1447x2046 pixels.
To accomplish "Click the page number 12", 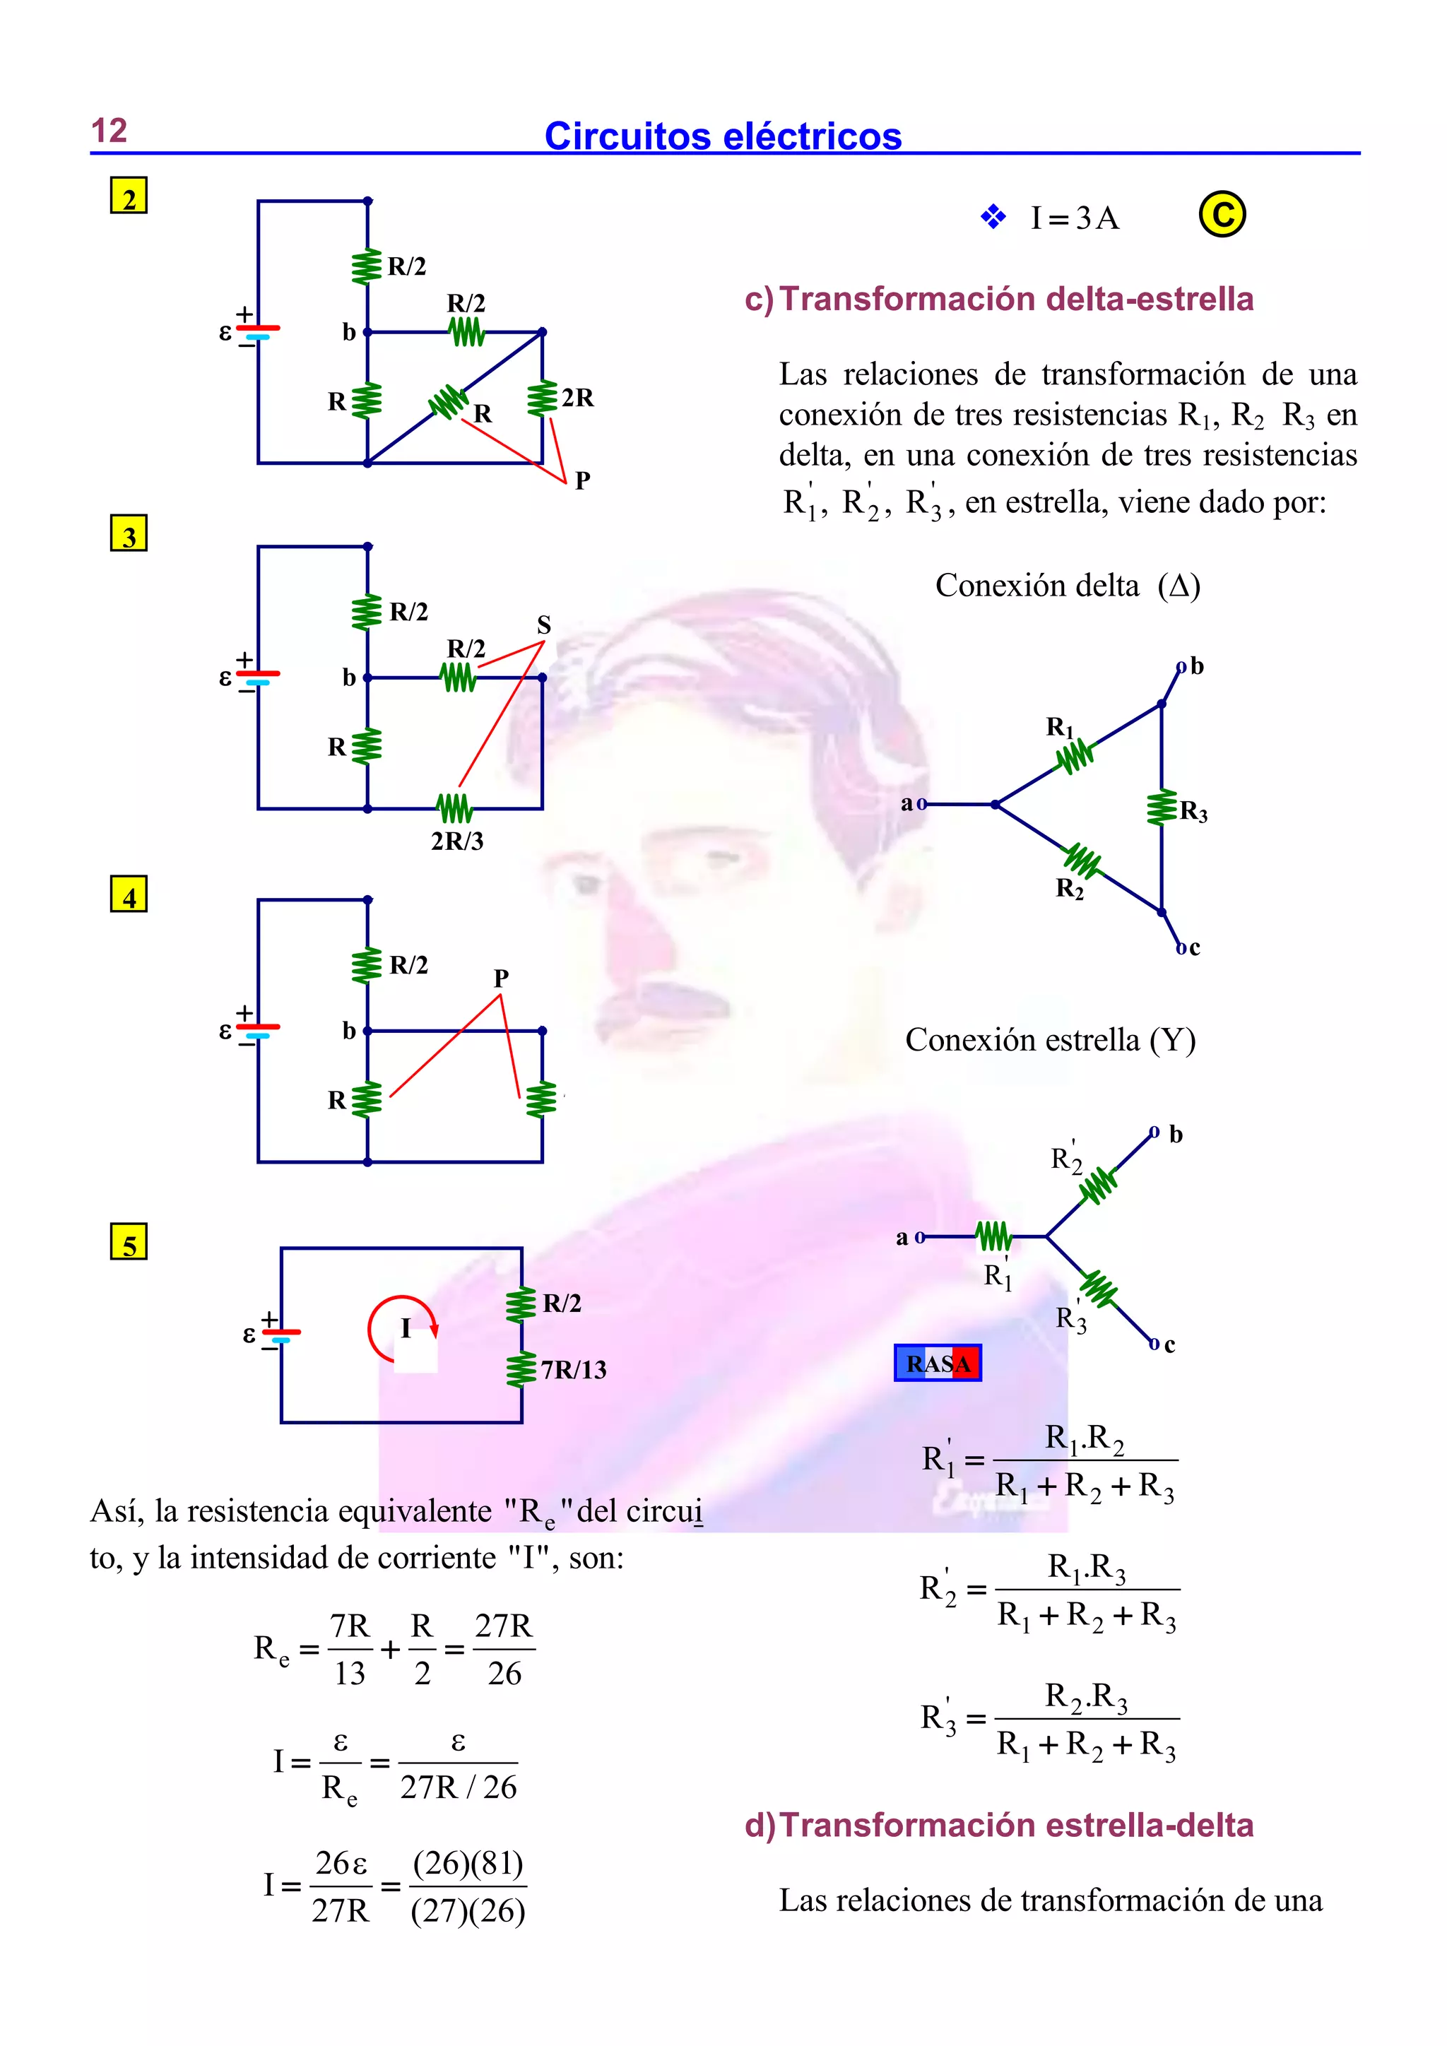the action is [109, 131].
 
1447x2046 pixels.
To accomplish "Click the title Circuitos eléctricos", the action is [723, 136].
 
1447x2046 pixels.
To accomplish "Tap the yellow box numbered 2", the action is [129, 196].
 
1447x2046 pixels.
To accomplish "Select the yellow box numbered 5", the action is [129, 1242].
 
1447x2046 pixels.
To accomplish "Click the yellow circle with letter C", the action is [1222, 215].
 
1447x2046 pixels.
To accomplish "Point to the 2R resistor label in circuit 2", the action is [577, 398].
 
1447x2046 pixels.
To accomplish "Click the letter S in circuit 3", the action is [543, 625].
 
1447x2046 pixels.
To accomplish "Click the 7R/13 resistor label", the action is [573, 1370].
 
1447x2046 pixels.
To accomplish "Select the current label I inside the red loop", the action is [406, 1329].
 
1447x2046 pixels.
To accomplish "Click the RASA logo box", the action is [938, 1364].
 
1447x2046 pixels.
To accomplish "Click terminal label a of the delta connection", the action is [907, 804].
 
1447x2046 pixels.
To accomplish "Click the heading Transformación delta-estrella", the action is [1016, 300].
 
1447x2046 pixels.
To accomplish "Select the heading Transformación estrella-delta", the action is [1016, 1825].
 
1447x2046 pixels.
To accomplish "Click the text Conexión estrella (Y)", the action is [1050, 1040].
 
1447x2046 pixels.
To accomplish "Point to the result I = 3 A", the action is [1074, 218].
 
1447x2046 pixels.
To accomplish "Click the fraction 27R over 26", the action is [504, 1650].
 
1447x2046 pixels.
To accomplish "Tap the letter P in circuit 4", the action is [501, 978].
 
